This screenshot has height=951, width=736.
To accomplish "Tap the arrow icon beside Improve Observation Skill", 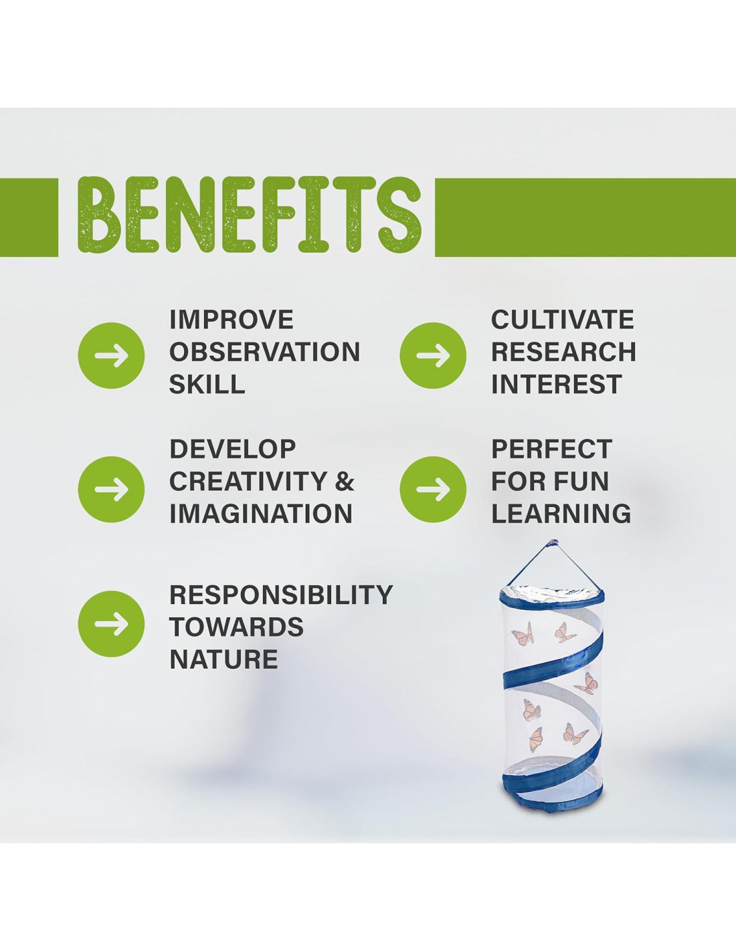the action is tap(111, 355).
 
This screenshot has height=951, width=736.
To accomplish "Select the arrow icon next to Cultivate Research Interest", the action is tap(433, 355).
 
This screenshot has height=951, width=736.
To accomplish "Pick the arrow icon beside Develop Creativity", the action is tap(111, 488).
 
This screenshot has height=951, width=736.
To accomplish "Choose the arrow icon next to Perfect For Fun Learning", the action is tap(433, 488).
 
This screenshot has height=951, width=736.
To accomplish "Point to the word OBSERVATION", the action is tap(264, 352).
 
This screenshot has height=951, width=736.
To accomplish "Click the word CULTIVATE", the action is tap(563, 320).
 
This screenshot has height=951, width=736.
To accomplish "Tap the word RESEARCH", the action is tap(563, 352).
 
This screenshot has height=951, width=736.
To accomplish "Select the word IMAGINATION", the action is tap(261, 513).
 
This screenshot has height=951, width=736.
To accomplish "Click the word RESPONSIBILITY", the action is tap(280, 595).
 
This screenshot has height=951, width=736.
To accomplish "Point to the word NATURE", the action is tap(223, 659).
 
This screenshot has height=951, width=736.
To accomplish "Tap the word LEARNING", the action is tap(561, 513).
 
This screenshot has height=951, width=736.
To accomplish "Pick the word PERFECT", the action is tap(551, 449).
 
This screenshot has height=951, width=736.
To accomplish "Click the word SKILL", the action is tap(207, 385).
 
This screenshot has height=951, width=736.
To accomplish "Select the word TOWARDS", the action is tap(236, 627).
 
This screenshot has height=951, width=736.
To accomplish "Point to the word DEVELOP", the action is tap(232, 449).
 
